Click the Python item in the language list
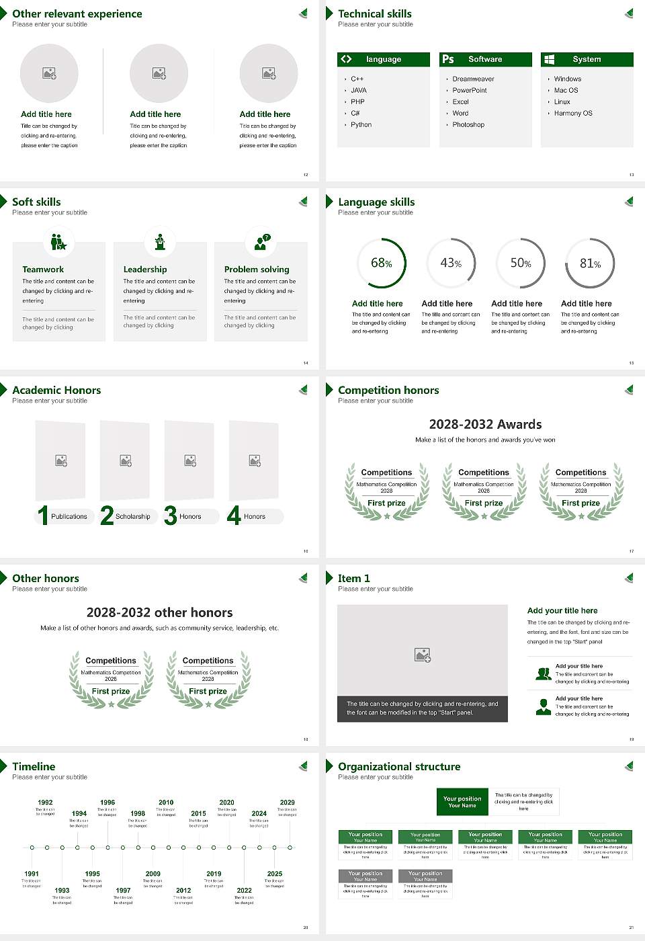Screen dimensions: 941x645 [x=361, y=125]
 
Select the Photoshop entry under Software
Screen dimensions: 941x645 [x=468, y=125]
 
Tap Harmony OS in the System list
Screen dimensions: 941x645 [x=573, y=114]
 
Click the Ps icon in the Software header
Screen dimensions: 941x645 [x=448, y=59]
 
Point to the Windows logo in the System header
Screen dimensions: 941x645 [x=549, y=59]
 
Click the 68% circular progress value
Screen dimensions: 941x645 [x=382, y=263]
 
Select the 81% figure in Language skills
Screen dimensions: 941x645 [x=590, y=263]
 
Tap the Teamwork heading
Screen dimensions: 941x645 [x=43, y=270]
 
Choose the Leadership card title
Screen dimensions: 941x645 [x=145, y=270]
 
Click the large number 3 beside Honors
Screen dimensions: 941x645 [x=171, y=516]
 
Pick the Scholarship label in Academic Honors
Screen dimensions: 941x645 [x=132, y=517]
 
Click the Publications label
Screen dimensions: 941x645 [x=69, y=517]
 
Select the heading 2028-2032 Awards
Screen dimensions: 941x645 [x=485, y=424]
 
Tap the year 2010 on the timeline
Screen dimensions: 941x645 [x=166, y=803]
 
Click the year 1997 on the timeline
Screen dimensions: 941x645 [x=123, y=891]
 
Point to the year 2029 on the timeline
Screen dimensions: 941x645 [x=287, y=803]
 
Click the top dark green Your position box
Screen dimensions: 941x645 [x=462, y=802]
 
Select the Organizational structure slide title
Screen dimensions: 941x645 [x=399, y=767]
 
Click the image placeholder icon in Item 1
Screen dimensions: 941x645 [x=423, y=655]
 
